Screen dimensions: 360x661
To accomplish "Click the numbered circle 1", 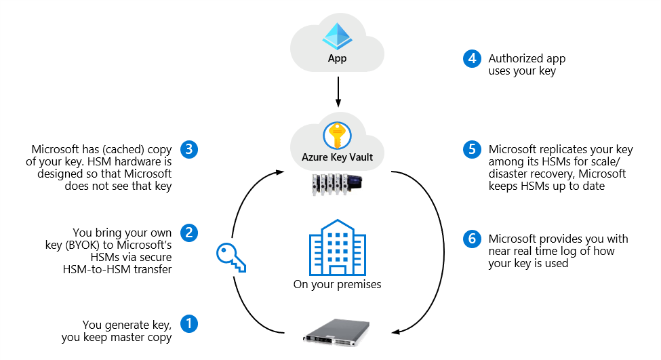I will [189, 323].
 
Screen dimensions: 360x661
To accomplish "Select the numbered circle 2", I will [189, 233].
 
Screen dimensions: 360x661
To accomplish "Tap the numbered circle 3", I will [189, 149].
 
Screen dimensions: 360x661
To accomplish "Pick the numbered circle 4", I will [472, 59].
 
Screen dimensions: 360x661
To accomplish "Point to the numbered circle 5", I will [472, 149].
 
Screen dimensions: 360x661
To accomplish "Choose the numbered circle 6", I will [472, 239].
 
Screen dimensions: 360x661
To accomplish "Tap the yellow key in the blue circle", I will [337, 136].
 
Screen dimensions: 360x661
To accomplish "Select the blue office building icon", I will [337, 247].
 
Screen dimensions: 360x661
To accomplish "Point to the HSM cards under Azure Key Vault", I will [336, 183].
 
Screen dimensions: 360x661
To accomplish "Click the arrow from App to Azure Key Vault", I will [337, 92].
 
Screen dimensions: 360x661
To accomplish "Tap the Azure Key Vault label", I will [337, 157].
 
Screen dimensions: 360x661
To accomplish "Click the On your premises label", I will [337, 284].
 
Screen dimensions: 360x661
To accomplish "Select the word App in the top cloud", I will [337, 58].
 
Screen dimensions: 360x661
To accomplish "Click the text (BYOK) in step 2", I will [112, 245].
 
